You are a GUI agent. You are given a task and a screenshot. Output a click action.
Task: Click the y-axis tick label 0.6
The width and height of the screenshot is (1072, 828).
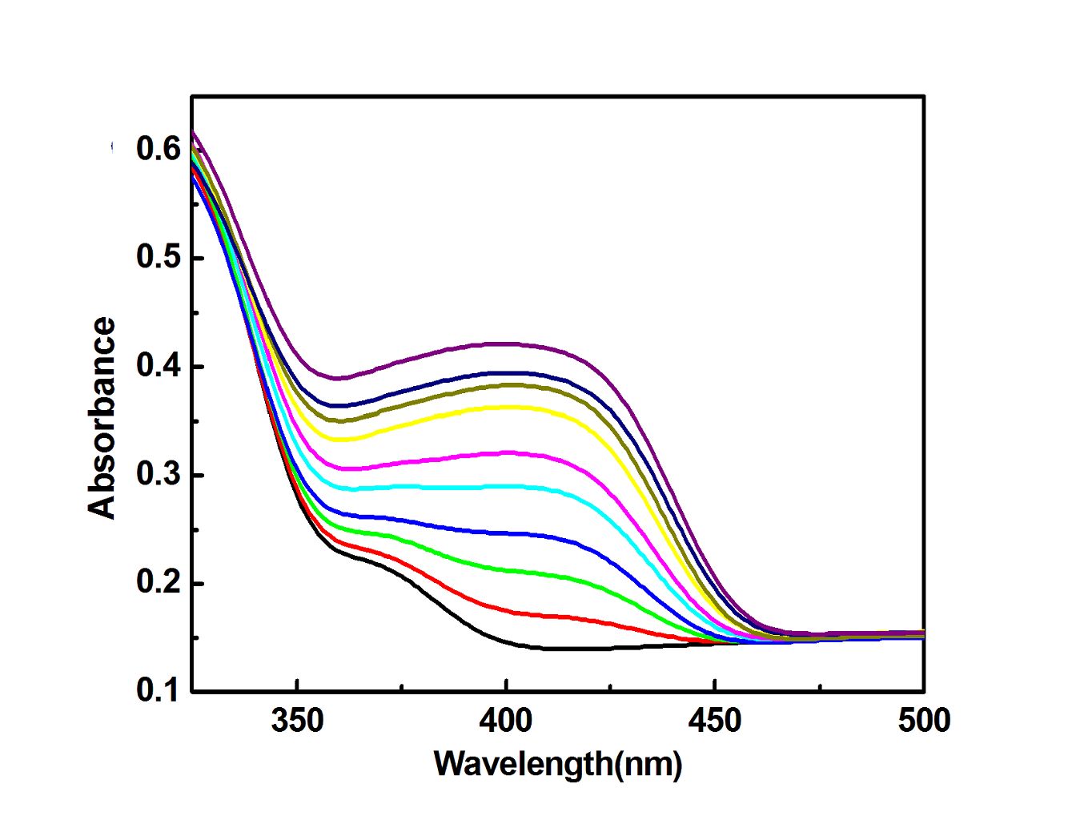pyautogui.click(x=158, y=149)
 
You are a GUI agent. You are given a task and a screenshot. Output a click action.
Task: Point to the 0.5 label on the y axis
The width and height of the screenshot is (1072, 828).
pyautogui.click(x=158, y=258)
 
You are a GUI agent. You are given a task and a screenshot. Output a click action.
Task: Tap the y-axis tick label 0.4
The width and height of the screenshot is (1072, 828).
pyautogui.click(x=158, y=367)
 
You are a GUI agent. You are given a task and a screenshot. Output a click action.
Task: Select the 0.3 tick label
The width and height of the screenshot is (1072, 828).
pyautogui.click(x=158, y=475)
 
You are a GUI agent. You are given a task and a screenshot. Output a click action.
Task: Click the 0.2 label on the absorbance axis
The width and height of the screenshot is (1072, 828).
pyautogui.click(x=158, y=583)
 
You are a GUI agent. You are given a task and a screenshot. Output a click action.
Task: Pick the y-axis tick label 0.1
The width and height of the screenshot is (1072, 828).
pyautogui.click(x=158, y=690)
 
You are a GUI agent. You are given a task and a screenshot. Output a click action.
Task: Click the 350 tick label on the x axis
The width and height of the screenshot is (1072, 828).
pyautogui.click(x=297, y=721)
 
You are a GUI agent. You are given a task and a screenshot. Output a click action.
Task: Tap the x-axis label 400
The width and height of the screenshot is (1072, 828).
pyautogui.click(x=506, y=721)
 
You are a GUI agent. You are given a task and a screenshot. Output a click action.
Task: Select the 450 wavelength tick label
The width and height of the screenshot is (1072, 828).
pyautogui.click(x=715, y=721)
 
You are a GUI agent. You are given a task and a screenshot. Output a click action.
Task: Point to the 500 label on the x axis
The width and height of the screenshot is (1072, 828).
pyautogui.click(x=923, y=721)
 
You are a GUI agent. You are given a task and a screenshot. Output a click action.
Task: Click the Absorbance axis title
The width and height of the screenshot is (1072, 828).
pyautogui.click(x=102, y=418)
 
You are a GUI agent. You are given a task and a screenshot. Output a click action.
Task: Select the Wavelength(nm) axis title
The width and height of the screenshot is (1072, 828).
pyautogui.click(x=558, y=764)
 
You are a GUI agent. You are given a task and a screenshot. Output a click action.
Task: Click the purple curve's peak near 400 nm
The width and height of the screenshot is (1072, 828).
pyautogui.click(x=506, y=344)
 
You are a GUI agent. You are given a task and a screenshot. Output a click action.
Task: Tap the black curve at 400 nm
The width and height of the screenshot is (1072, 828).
pyautogui.click(x=506, y=643)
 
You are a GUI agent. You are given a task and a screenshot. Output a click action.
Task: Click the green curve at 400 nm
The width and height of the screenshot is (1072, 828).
pyautogui.click(x=506, y=570)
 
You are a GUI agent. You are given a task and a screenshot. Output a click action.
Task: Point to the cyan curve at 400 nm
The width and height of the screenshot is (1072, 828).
pyautogui.click(x=506, y=486)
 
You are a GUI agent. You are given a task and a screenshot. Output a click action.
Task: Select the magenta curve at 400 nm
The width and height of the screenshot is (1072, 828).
pyautogui.click(x=506, y=453)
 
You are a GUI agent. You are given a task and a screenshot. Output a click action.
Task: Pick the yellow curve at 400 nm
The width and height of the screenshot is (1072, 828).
pyautogui.click(x=506, y=407)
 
